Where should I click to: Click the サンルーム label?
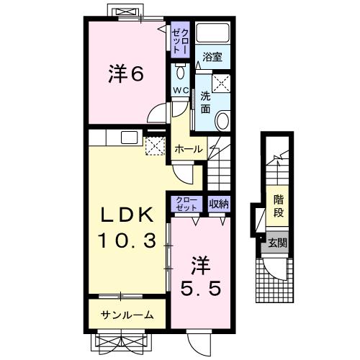point(127,315)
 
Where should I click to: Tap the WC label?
point(179,90)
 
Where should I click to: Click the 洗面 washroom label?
point(205,102)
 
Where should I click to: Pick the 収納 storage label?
point(219,204)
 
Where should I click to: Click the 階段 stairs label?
point(277,205)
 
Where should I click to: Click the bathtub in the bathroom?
point(211,33)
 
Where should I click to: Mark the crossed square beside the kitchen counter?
point(154,146)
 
